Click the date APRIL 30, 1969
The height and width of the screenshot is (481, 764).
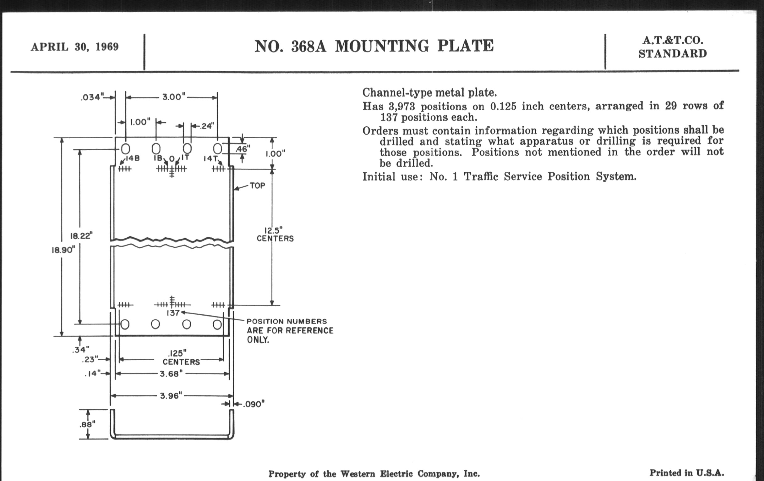tap(74, 47)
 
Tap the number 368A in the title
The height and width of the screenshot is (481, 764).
tap(308, 46)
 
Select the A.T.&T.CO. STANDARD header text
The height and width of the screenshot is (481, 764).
tap(672, 47)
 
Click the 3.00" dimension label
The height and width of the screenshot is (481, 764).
tap(173, 97)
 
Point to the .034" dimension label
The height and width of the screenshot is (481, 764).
tap(92, 97)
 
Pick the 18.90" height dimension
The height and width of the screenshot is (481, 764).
tap(63, 250)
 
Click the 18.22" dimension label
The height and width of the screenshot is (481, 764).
tap(81, 236)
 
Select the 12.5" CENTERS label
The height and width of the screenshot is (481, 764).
tap(275, 234)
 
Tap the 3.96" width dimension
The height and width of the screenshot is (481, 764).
tap(171, 395)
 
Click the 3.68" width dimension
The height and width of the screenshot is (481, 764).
tap(171, 374)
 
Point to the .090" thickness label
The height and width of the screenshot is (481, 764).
tap(254, 404)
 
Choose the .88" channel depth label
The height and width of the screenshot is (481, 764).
tap(87, 424)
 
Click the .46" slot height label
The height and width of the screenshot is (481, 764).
tap(243, 149)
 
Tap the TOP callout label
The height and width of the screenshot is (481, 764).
tap(257, 185)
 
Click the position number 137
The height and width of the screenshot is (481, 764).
tap(173, 313)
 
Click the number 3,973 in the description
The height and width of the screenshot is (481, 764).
tap(402, 106)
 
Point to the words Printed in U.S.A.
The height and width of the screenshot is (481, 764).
tap(687, 473)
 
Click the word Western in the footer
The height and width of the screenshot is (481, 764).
tap(358, 474)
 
